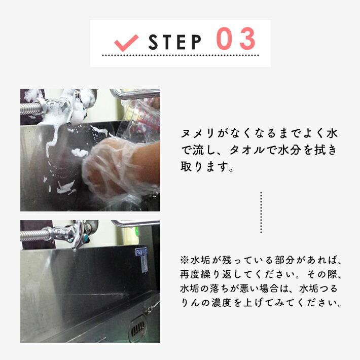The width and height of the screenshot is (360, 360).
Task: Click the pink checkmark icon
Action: point(126,43)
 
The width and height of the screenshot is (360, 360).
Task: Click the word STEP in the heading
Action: point(175,42)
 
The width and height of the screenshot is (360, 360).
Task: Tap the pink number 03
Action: point(236,39)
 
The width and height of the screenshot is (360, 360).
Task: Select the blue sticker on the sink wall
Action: point(141,252)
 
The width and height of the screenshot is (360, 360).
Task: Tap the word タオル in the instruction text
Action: point(247,150)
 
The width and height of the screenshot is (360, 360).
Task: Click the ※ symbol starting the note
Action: point(185,260)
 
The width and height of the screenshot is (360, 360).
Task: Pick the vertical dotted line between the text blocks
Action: point(261,212)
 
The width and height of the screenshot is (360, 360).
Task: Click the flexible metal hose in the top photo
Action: point(31,108)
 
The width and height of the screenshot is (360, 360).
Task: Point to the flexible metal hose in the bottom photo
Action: point(35,235)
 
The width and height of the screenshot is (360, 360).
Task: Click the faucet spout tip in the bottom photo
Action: point(75,249)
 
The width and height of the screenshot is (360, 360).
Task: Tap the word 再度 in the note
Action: point(190,275)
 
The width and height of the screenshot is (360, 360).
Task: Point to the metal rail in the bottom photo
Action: point(136,223)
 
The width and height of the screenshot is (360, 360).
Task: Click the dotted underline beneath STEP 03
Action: point(181,55)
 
